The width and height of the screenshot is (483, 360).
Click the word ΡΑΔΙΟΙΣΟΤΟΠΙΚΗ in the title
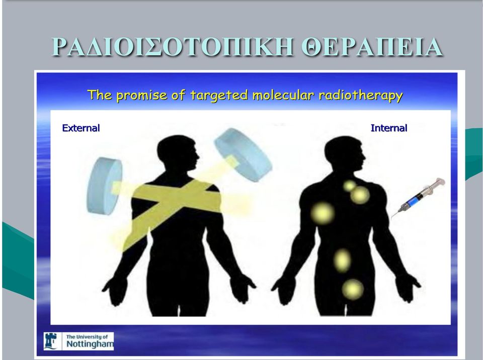coord(173,47)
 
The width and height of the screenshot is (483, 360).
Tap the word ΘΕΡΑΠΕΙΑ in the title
coord(372,47)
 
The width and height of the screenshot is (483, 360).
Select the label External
coord(81,128)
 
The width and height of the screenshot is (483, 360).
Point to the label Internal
coord(389,128)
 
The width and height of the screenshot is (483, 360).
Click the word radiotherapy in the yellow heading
coord(361,95)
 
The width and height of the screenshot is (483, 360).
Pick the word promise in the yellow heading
coord(141,96)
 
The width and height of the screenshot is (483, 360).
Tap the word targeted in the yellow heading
coord(219,96)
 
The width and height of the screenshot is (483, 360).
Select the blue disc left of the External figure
coord(105,186)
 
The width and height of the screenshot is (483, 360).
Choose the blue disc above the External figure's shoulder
coord(243,154)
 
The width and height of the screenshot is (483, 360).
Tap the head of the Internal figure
coord(344,152)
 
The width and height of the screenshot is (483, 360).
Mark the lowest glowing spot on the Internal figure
coord(353,290)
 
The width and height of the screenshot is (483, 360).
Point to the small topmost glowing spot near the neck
coord(350,186)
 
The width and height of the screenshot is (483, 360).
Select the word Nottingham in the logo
coord(90,344)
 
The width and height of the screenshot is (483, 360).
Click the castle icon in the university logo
coord(50,341)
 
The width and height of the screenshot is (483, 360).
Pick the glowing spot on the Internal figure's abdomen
coord(342,260)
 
